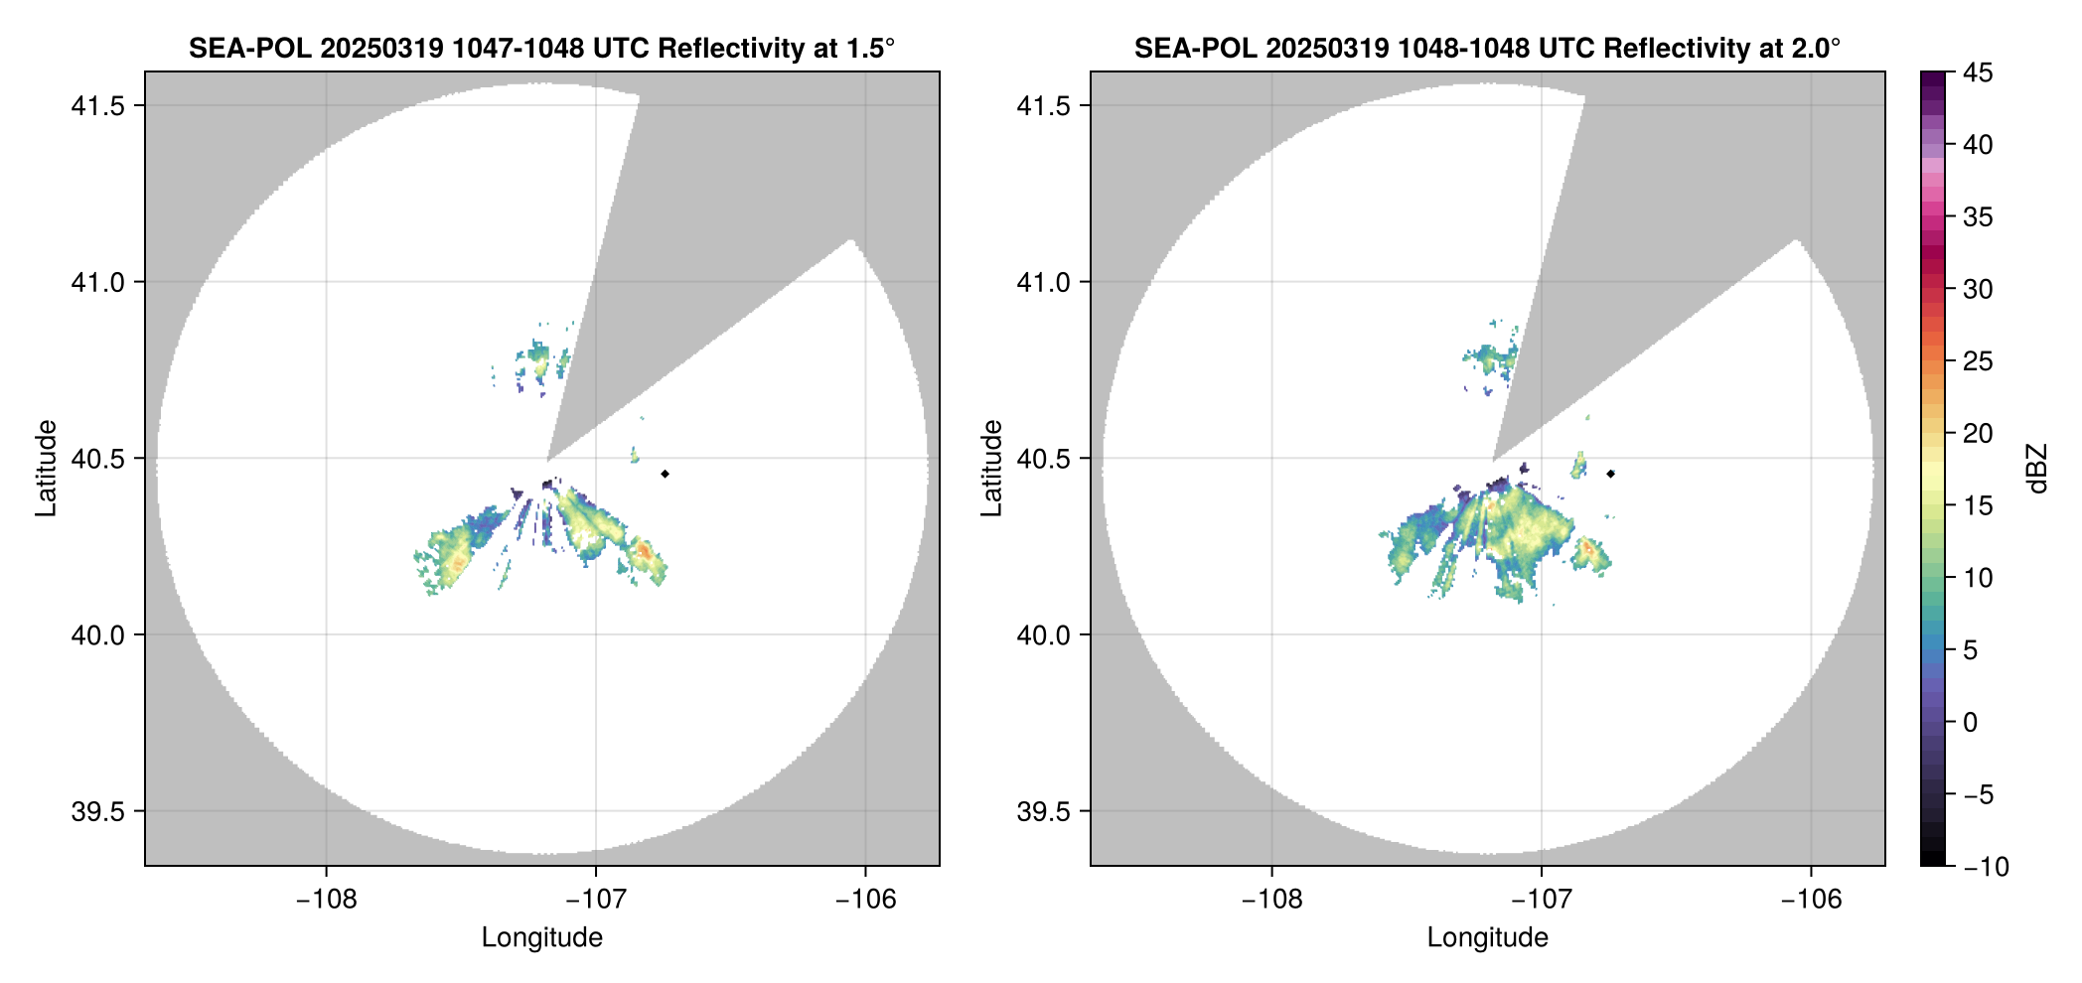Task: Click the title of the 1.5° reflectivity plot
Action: [541, 48]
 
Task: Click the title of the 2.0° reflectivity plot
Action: [1487, 48]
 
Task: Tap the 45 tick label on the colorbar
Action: [1978, 72]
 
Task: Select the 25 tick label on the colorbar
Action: [1978, 361]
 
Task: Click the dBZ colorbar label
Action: [2037, 469]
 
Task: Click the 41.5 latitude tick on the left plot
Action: [96, 106]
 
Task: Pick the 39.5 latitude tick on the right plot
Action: [1042, 811]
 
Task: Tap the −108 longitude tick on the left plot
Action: [326, 900]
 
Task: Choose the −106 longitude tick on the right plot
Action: [1812, 900]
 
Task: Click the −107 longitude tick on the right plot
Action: [1542, 900]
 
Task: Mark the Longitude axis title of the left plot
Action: [542, 937]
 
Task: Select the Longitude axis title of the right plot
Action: [1488, 937]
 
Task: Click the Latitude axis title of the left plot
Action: [46, 469]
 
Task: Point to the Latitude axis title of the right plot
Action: [991, 469]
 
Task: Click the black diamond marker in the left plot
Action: [665, 474]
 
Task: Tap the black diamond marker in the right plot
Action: [1610, 474]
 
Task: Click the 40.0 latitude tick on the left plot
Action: [96, 635]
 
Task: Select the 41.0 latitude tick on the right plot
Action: [1042, 283]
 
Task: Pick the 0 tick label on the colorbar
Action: [1971, 723]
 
